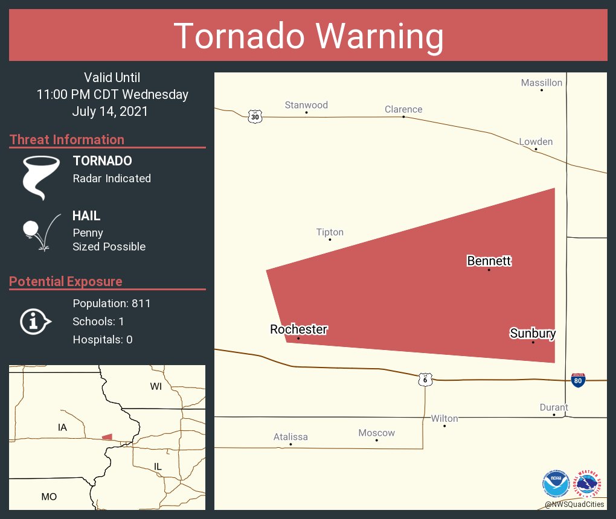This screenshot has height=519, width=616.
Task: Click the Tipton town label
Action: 330,232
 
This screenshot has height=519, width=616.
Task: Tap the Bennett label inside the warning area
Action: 489,261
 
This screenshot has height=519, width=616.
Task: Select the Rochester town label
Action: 298,330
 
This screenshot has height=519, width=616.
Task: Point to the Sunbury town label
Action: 533,333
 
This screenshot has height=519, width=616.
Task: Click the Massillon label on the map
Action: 542,83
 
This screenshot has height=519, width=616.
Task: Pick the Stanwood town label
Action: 306,105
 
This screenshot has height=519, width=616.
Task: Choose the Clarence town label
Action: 403,109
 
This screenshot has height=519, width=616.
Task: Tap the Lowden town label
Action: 536,142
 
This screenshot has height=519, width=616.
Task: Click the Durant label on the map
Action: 554,407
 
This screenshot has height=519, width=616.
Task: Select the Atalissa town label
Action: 290,437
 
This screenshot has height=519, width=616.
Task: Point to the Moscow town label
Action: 376,433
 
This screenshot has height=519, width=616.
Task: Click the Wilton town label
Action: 444,418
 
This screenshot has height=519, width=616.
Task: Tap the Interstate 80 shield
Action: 578,380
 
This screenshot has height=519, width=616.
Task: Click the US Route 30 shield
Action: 255,116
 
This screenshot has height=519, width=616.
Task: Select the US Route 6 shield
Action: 425,380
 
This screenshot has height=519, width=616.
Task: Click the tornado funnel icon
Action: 40,177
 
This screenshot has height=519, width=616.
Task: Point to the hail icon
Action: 40,231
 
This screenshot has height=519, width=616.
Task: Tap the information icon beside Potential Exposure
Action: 36,321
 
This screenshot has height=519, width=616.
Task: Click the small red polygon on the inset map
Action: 107,437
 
